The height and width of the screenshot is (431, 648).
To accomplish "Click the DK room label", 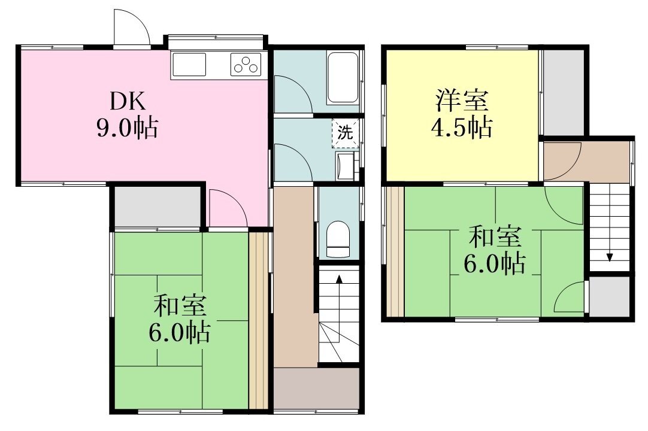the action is click(128, 101).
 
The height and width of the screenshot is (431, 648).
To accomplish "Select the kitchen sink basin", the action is click(189, 65).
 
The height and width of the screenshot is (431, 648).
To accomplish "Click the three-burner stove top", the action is click(246, 65).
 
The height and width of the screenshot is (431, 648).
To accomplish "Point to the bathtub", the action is click(343, 77).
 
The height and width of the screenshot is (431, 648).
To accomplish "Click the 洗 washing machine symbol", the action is click(345, 133).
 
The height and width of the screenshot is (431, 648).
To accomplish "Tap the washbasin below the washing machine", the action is click(346, 166).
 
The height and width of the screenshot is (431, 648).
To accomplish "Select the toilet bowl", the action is click(338, 239).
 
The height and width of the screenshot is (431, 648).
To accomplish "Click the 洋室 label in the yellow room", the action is click(462, 101).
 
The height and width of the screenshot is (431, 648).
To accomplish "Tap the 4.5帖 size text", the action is click(462, 127).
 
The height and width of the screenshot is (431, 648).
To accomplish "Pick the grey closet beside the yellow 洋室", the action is click(563, 92).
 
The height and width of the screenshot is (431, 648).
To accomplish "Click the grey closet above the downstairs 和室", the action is click(157, 206).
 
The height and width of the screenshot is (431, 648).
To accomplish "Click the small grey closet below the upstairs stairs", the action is click(609, 296).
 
